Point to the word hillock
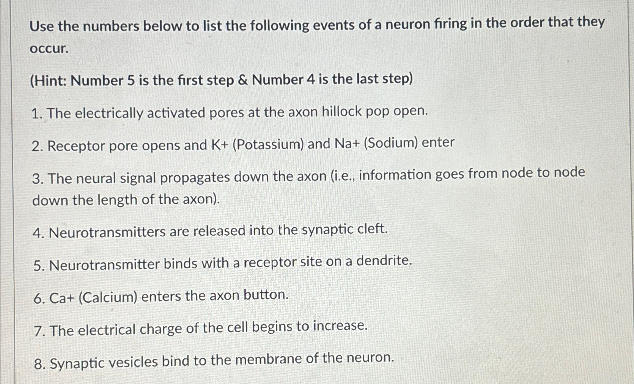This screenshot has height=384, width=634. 342,112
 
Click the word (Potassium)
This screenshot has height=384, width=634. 268,145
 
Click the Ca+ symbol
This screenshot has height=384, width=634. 61,298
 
